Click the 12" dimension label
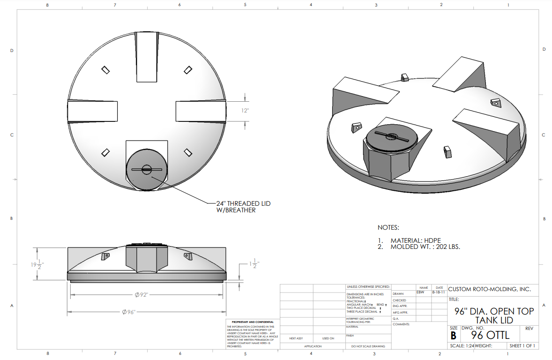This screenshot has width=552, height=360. pos(246,111)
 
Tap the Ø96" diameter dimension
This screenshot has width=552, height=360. pos(128,312)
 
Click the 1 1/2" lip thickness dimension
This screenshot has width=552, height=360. pos(253,265)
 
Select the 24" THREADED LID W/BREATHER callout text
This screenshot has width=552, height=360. pos(243,207)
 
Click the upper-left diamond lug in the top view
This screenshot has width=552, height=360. pos(106,69)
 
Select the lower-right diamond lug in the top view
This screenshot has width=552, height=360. pos(188,152)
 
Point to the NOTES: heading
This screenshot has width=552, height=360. pos(388,227)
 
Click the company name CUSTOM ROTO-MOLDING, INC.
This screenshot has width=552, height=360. pos(490,289)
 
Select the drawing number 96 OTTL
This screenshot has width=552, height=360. pos(490,336)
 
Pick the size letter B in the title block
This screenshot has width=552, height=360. pos(453,336)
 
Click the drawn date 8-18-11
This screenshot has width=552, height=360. pos(439,292)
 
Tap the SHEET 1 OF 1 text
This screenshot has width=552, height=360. pos(522,346)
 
